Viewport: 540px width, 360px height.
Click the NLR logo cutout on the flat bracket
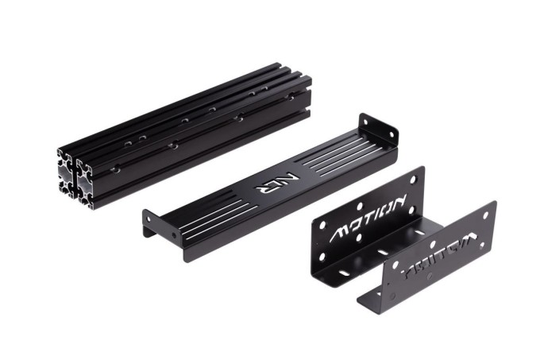point(267,184)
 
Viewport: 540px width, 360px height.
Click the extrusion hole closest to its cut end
point(116,168)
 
